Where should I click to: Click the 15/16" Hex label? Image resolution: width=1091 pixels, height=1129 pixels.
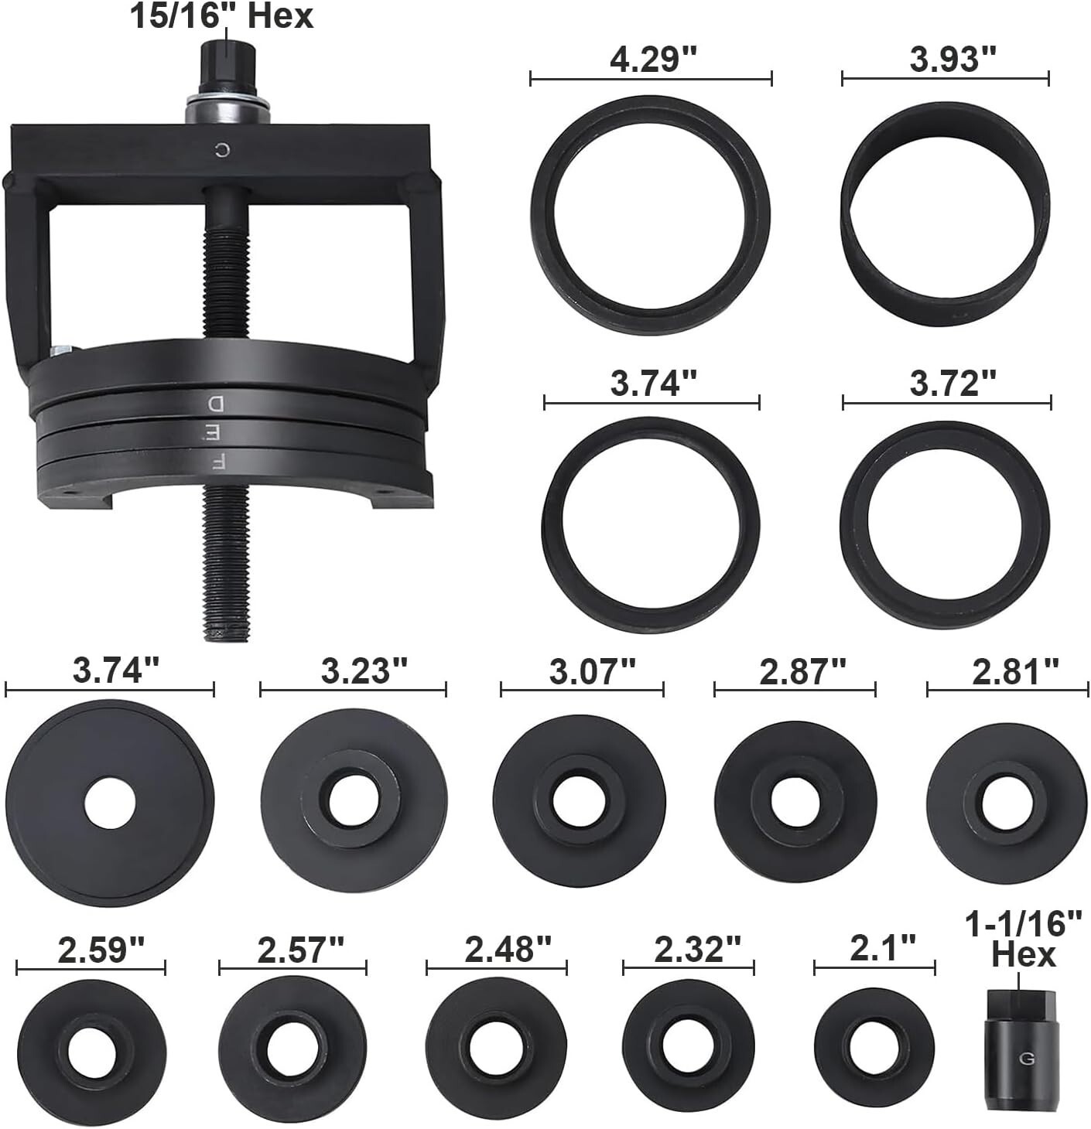(221, 15)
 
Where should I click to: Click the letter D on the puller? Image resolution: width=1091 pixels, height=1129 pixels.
(216, 403)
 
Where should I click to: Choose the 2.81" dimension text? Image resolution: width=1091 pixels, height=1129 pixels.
(1015, 672)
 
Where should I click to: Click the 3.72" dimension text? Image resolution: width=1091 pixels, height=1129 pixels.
(952, 384)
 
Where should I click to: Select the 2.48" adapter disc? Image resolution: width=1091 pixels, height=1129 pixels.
(496, 1049)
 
